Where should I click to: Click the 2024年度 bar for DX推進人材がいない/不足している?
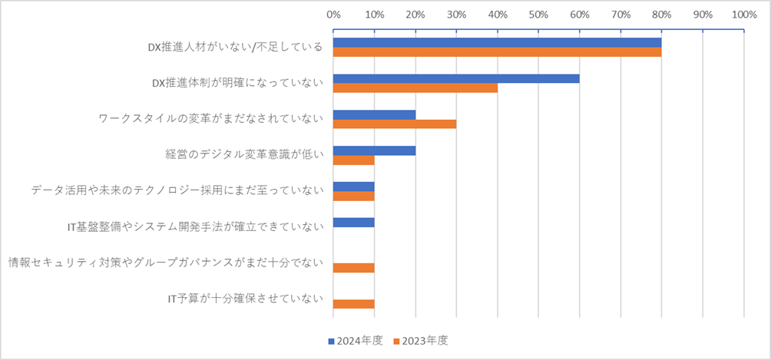497,42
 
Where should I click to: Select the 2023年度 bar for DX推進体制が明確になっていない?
415,88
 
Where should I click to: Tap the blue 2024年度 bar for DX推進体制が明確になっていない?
456,78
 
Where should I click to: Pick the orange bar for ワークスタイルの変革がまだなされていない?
395,124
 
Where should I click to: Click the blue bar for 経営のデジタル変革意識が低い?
374,150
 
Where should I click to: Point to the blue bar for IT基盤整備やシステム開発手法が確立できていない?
353,223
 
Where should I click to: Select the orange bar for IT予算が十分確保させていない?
353,304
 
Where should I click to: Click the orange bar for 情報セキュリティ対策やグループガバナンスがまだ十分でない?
353,268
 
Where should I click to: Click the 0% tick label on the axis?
333,14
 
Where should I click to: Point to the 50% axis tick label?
538,14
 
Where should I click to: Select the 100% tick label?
743,14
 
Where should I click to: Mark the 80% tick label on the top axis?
661,14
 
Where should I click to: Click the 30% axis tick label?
456,14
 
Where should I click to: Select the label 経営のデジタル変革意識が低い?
243,154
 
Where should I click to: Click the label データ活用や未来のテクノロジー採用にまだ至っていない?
177,190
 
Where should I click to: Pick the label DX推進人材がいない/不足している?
234,48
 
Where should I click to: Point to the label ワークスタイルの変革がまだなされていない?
210,119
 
